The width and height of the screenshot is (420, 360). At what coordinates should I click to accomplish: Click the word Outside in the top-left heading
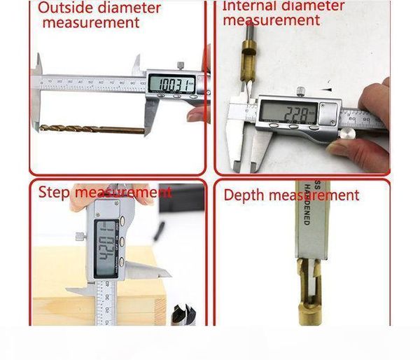(61, 8)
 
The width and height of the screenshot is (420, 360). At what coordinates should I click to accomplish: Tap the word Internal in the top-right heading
(246, 6)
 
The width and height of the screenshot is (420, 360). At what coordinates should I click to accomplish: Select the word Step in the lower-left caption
(54, 193)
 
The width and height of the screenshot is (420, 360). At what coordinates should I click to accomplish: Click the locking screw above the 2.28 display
(301, 90)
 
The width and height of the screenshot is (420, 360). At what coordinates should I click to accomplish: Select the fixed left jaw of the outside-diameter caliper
(36, 98)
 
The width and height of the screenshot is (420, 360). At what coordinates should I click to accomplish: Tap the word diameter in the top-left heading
(129, 8)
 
